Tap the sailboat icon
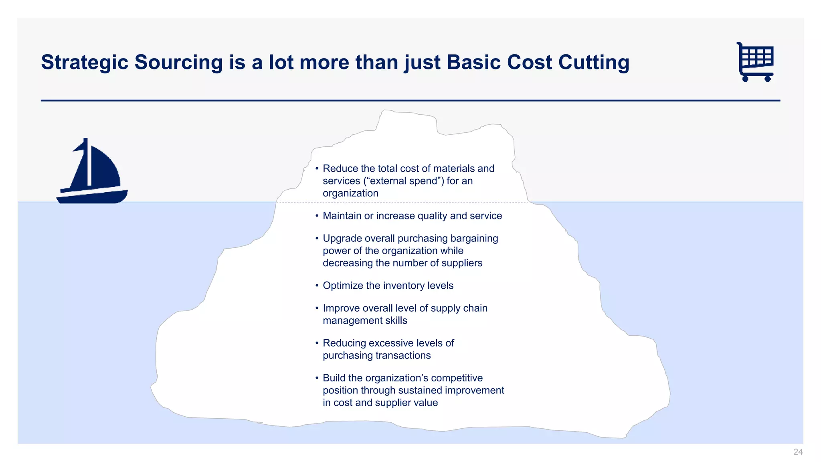[93, 172]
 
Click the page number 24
[798, 452]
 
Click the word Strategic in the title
[85, 63]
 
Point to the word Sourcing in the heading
[178, 63]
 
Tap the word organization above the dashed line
[350, 193]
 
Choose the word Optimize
[343, 286]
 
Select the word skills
[396, 320]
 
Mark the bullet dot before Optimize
[317, 286]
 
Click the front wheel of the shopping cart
[768, 79]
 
